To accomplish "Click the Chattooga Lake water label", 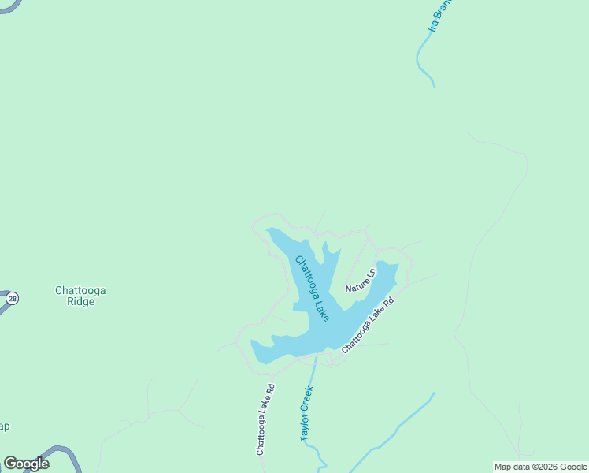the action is (x=312, y=288).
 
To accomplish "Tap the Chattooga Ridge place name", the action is (x=80, y=296).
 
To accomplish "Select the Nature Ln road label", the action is (x=361, y=280).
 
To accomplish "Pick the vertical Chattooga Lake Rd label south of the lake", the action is (x=265, y=419).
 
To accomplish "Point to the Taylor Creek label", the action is (x=306, y=414).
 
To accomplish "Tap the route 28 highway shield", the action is (x=12, y=299).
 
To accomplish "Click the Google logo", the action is (x=26, y=464).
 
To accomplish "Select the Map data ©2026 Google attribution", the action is (x=540, y=467).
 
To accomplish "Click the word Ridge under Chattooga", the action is (x=80, y=301).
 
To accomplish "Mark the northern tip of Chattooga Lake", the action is (x=272, y=231).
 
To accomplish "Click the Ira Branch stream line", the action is (x=423, y=60).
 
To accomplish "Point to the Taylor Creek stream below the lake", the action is (x=314, y=371).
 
